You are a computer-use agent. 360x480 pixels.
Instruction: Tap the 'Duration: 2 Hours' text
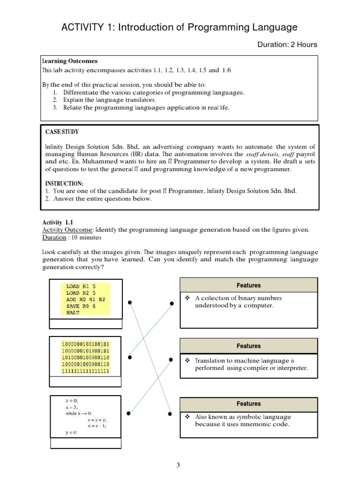[x=287, y=45]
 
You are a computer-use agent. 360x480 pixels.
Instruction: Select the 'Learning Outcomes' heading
[x=70, y=61]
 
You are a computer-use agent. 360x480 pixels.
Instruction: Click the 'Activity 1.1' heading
[x=58, y=222]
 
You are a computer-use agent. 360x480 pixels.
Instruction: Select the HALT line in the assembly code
[x=73, y=312]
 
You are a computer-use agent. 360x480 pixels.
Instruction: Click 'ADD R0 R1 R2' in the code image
[x=86, y=299]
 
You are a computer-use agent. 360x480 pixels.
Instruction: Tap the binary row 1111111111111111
[x=85, y=371]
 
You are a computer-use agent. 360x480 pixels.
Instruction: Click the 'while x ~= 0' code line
[x=78, y=413]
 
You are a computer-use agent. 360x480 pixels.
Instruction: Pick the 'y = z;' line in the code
[x=71, y=433]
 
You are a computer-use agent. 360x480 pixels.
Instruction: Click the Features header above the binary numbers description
[x=248, y=285]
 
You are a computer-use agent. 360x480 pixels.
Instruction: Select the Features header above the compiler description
[x=248, y=346]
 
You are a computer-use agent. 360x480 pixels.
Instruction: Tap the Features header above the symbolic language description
[x=248, y=404]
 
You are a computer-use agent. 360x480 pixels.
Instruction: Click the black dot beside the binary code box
[x=129, y=357]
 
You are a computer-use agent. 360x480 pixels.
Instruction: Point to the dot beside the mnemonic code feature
[x=171, y=413]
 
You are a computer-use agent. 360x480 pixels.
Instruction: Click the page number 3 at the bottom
[x=178, y=465]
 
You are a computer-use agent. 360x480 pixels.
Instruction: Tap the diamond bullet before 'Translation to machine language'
[x=187, y=360]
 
